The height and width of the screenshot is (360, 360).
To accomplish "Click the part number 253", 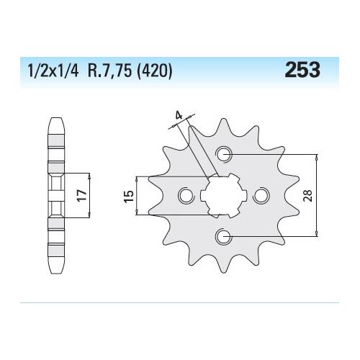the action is [302, 70].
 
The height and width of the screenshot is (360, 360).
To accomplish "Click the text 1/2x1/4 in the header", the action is [53, 71].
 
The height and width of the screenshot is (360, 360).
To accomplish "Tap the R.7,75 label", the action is [109, 71].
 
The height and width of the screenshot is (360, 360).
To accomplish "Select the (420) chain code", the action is [154, 71].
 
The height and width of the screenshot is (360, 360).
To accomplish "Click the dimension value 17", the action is [82, 195].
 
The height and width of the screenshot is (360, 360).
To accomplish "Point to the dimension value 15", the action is [129, 196].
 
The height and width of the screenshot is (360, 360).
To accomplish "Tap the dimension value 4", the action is [179, 116].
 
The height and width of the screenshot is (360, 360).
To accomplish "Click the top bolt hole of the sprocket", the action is [224, 155].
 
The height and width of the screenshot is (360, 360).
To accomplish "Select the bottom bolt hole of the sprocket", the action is [224, 236].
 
